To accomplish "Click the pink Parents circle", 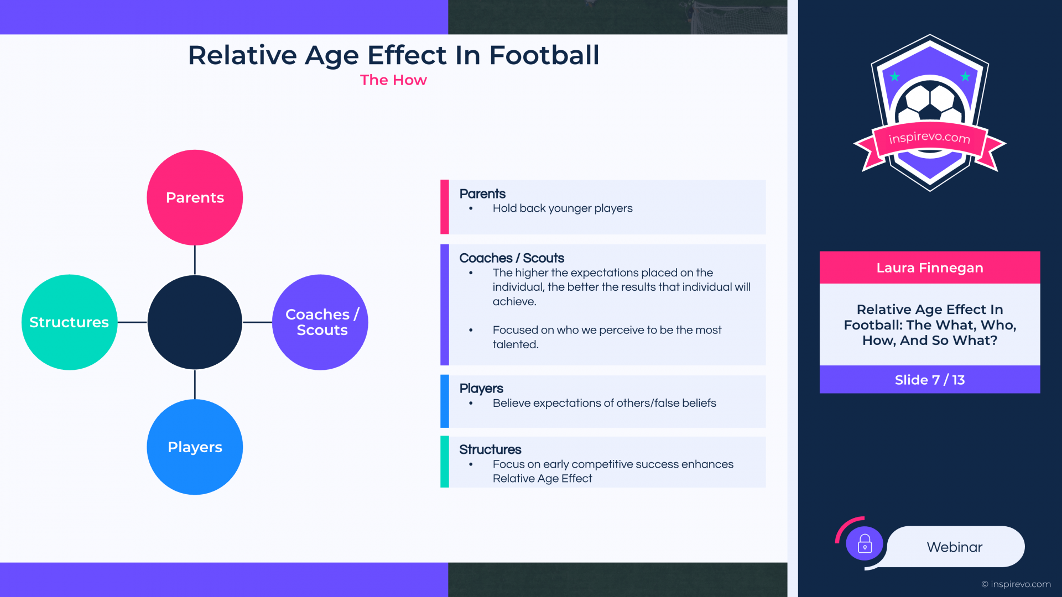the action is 195,197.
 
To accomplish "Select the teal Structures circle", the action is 69,322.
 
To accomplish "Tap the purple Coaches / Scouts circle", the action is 320,322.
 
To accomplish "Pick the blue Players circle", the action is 195,447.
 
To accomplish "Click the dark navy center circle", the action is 195,322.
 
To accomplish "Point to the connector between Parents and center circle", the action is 195,260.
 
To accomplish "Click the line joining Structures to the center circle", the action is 132,322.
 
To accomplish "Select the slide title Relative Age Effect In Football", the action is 393,55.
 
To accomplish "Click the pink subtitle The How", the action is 393,80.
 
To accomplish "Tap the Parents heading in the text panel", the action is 482,193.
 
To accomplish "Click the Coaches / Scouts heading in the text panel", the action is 512,258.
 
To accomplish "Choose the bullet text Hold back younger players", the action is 563,208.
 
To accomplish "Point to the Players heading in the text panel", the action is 481,389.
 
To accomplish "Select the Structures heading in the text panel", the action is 490,449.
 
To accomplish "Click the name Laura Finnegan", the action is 930,268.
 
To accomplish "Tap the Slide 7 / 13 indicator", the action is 930,380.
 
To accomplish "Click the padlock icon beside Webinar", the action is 865,544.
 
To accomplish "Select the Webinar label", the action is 955,547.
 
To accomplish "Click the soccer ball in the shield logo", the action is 930,103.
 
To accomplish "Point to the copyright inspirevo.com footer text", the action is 1016,584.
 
